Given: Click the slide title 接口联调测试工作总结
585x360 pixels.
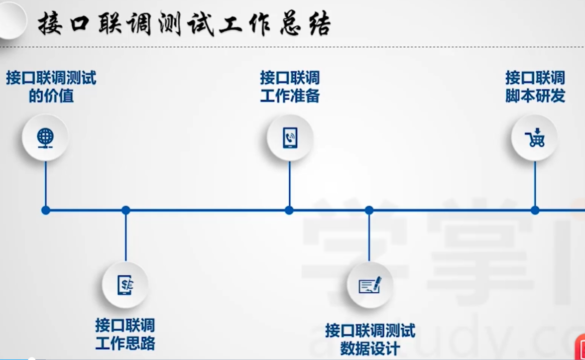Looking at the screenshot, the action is tap(184, 24).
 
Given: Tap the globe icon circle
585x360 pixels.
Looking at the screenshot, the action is tap(45, 137).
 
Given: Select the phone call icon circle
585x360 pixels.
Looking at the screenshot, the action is tap(290, 137).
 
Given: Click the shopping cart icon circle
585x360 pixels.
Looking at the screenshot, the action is tap(535, 137).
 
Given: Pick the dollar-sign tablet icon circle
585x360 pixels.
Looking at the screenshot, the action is tap(125, 285).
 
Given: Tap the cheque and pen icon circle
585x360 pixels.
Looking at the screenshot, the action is tap(370, 285).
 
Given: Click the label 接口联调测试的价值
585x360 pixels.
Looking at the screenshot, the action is tap(51, 87).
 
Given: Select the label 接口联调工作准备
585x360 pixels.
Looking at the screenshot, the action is tap(290, 87).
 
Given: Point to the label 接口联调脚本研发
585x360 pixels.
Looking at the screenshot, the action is tap(535, 87).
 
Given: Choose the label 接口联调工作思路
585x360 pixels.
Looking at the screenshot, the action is tap(125, 334).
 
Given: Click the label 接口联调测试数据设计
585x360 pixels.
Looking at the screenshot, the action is tap(370, 339).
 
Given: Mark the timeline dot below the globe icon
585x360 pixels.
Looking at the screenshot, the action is tap(46, 210).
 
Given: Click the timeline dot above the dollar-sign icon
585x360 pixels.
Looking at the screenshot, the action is tap(125, 210).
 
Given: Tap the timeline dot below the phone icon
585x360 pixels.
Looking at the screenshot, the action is tap(289, 210).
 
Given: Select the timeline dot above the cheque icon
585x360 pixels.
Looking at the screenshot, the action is tap(369, 210).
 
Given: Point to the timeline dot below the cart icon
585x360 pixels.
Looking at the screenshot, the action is tap(535, 210).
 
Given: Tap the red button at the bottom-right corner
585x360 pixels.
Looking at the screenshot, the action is tap(580, 349).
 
